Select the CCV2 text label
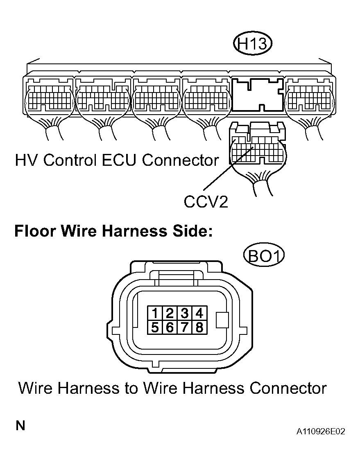[206, 202]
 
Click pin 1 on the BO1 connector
[155, 313]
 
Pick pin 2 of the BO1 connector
[170, 313]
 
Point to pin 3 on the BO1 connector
[184, 313]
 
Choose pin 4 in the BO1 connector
[199, 313]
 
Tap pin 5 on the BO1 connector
[155, 327]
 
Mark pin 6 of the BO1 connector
[170, 327]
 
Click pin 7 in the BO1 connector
[184, 327]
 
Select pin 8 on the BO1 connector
[199, 327]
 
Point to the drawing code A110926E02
[321, 431]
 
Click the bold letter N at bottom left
[20, 426]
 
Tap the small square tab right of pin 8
[222, 320]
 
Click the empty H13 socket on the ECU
[258, 94]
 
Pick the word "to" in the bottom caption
[131, 388]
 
